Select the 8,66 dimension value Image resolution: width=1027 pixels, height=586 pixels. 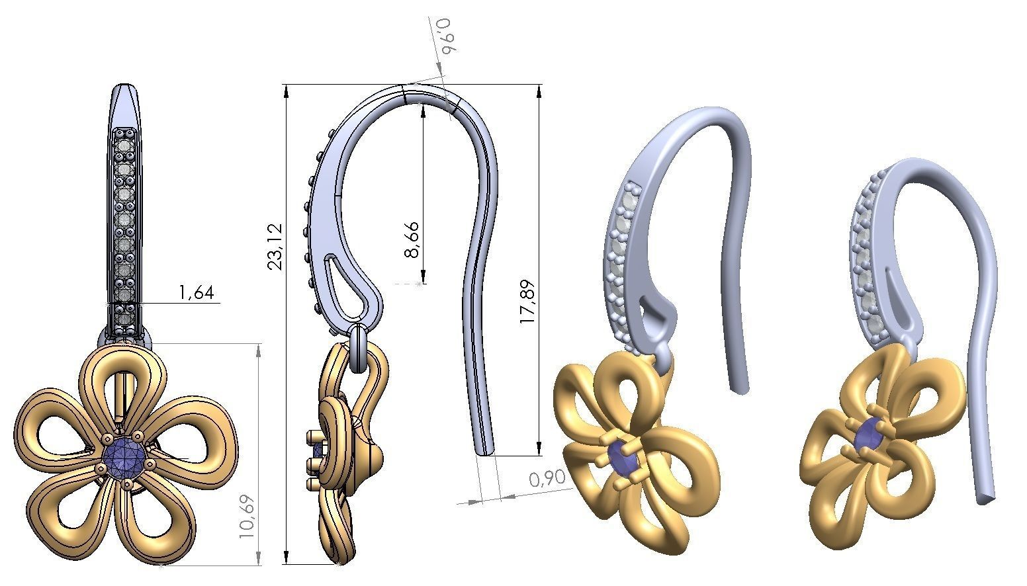point(412,239)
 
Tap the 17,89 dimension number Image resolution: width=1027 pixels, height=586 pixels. point(527,302)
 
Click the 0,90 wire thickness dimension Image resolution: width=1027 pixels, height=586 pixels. point(547,478)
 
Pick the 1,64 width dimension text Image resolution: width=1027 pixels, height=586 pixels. point(196,292)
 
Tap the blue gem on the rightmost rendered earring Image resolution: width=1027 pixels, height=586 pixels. point(867,437)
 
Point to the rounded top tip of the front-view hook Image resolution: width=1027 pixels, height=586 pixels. point(124,89)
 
